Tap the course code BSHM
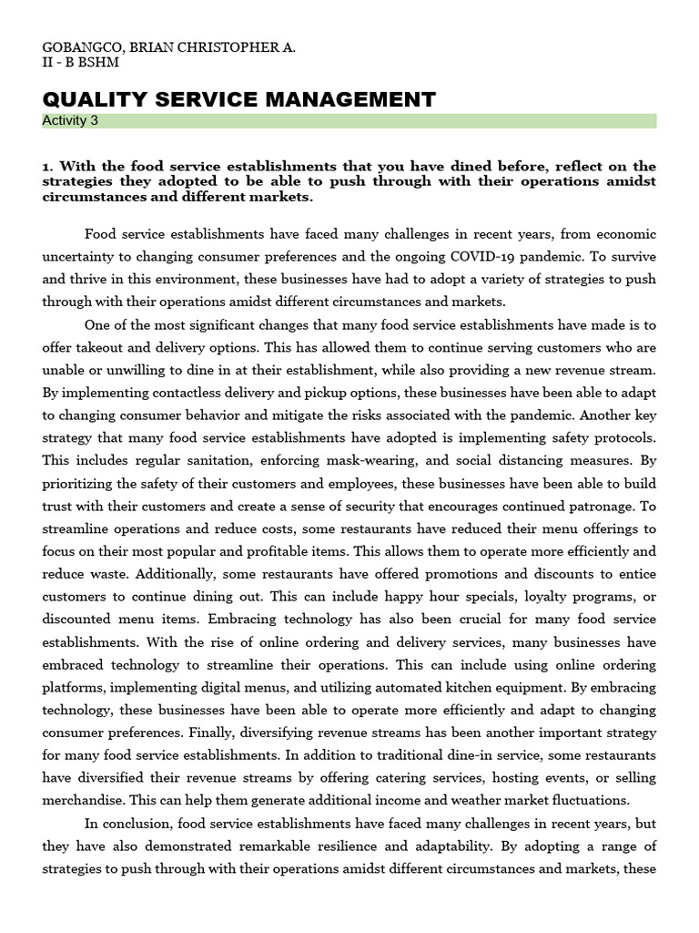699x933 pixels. pos(98,62)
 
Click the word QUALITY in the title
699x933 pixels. pos(90,99)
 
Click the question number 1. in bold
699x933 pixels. pos(48,166)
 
